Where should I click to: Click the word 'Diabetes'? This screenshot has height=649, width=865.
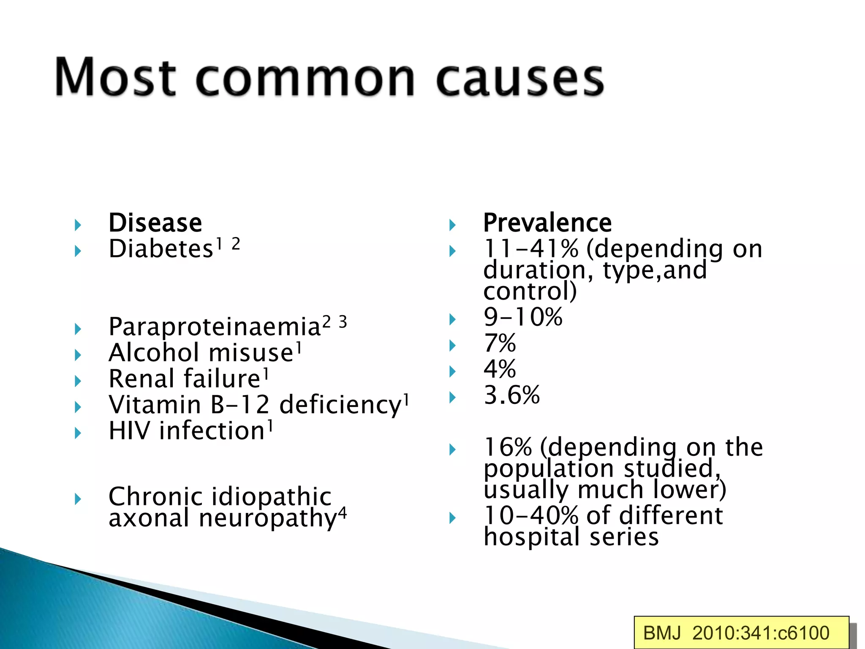pyautogui.click(x=161, y=249)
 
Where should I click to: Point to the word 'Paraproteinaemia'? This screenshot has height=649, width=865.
pyautogui.click(x=215, y=327)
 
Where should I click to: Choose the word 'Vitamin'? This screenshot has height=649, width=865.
pyautogui.click(x=154, y=405)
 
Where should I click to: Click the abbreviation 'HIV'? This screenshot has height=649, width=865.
pyautogui.click(x=129, y=431)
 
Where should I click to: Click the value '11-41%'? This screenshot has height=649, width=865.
pyautogui.click(x=531, y=249)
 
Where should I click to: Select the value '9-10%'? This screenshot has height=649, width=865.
pyautogui.click(x=523, y=317)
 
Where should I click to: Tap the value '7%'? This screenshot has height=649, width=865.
pyautogui.click(x=500, y=343)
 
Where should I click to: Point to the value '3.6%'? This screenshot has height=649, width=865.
pyautogui.click(x=511, y=395)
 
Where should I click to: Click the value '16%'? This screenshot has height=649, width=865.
pyautogui.click(x=508, y=447)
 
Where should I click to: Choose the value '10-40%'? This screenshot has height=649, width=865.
pyautogui.click(x=531, y=516)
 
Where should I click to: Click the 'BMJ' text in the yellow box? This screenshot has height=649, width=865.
pyautogui.click(x=662, y=633)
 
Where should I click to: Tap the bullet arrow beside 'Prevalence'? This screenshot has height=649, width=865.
pyautogui.click(x=452, y=225)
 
